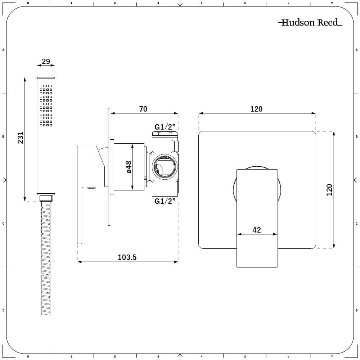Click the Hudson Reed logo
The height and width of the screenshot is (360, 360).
click(x=310, y=23)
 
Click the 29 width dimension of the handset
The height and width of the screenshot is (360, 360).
click(x=46, y=62)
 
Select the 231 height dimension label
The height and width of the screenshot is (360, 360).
click(x=21, y=138)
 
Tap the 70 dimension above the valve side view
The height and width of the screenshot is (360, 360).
click(x=143, y=109)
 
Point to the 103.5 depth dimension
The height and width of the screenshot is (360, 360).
click(x=127, y=257)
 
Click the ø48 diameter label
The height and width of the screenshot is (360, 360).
click(x=129, y=167)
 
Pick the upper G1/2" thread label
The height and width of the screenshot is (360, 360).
click(x=165, y=127)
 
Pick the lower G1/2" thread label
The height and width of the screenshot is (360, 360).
click(x=165, y=201)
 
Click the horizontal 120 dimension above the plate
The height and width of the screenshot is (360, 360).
click(x=256, y=109)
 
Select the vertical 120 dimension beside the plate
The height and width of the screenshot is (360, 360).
click(x=329, y=190)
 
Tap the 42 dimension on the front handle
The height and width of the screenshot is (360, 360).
click(x=257, y=230)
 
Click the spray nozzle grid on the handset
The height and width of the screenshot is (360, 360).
click(x=46, y=105)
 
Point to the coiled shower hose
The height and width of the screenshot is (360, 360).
click(x=46, y=259)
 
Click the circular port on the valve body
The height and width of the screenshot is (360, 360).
click(x=165, y=167)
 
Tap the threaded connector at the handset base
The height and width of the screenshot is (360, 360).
click(x=46, y=198)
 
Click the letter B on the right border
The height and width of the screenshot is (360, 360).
click(x=356, y=137)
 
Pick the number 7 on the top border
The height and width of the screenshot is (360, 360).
click(x=332, y=3)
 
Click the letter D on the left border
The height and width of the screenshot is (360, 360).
click(x=3, y=310)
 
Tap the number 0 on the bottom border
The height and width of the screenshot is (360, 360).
click(x=28, y=357)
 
